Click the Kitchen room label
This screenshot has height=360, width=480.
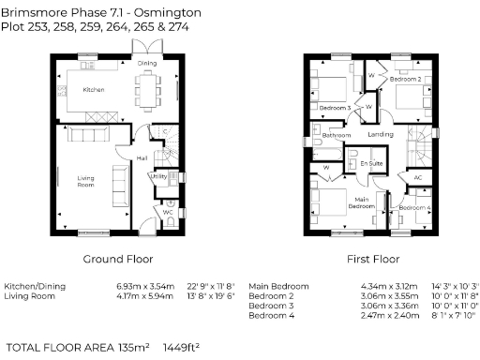click(x=93, y=89)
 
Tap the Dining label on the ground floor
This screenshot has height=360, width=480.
click(x=147, y=64)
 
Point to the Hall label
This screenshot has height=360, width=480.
click(x=142, y=158)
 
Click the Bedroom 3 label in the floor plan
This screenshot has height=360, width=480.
click(x=335, y=108)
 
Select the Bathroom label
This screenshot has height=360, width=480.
click(x=336, y=135)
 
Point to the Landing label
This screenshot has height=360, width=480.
click(x=380, y=135)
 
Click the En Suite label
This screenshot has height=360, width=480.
click(x=370, y=163)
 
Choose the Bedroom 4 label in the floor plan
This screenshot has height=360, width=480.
click(x=416, y=206)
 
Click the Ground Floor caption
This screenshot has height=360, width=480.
click(x=117, y=259)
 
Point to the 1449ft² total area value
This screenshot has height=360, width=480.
click(x=183, y=346)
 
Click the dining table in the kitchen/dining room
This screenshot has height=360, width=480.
click(x=148, y=90)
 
